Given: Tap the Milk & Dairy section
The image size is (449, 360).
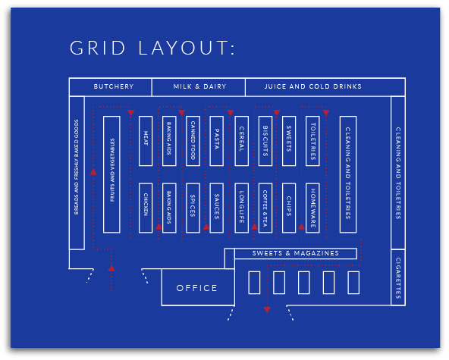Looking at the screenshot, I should pyautogui.click(x=199, y=87).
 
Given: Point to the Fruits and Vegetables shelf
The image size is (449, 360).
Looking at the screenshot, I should pyautogui.click(x=111, y=174).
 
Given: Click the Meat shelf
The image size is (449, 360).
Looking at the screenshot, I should pyautogui.click(x=146, y=141).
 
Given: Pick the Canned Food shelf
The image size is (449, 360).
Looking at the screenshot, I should pyautogui.click(x=193, y=141).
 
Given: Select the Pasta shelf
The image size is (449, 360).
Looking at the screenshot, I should pyautogui.click(x=217, y=141).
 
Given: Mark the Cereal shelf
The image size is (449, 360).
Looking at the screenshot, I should pyautogui.click(x=241, y=141).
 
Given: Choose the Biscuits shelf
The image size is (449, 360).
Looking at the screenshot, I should pyautogui.click(x=265, y=141).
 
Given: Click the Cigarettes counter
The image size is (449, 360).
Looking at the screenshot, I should pyautogui.click(x=398, y=277).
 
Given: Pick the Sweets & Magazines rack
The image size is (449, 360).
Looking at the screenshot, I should pyautogui.click(x=296, y=254).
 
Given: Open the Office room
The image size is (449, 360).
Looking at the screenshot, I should pyautogui.click(x=196, y=288).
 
